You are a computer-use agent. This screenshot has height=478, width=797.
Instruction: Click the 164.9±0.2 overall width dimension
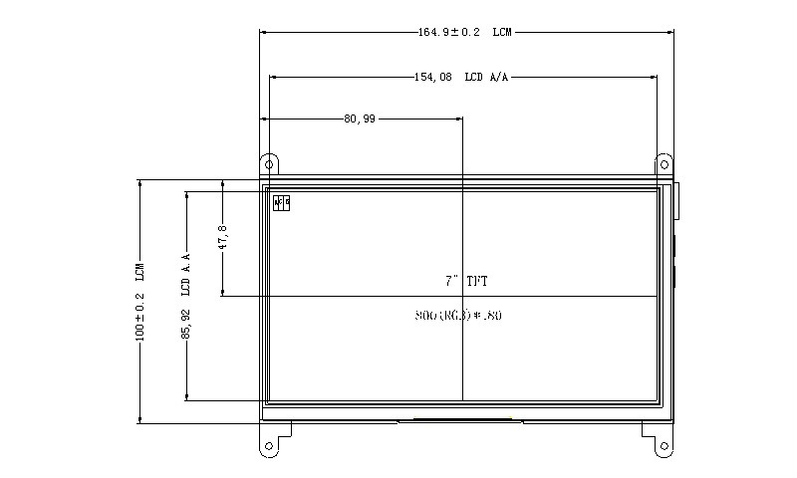[449, 32]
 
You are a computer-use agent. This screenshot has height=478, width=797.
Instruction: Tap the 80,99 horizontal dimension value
[360, 119]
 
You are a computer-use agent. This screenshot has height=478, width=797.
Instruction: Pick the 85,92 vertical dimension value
[186, 324]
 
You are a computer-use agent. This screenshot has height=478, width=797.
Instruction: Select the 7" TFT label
[466, 282]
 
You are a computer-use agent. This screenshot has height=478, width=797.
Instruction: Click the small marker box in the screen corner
[281, 203]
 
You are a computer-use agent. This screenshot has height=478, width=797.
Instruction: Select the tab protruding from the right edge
[677, 200]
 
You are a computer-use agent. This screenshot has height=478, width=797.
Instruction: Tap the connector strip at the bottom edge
[460, 420]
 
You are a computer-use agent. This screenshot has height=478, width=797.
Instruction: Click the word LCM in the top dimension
[502, 32]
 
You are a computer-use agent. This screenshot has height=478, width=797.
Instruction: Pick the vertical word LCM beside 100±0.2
[140, 272]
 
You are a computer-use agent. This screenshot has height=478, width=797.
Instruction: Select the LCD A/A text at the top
[488, 76]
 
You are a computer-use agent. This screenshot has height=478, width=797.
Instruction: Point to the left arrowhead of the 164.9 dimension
[263, 32]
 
